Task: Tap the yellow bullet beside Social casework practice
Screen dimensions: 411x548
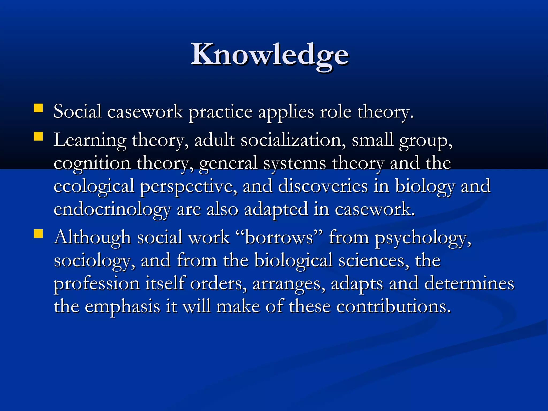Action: [x=39, y=108]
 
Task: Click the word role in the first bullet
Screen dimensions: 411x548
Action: [x=336, y=112]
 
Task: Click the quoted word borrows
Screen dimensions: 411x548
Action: [x=279, y=238]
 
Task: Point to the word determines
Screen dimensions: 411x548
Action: [x=469, y=283]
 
